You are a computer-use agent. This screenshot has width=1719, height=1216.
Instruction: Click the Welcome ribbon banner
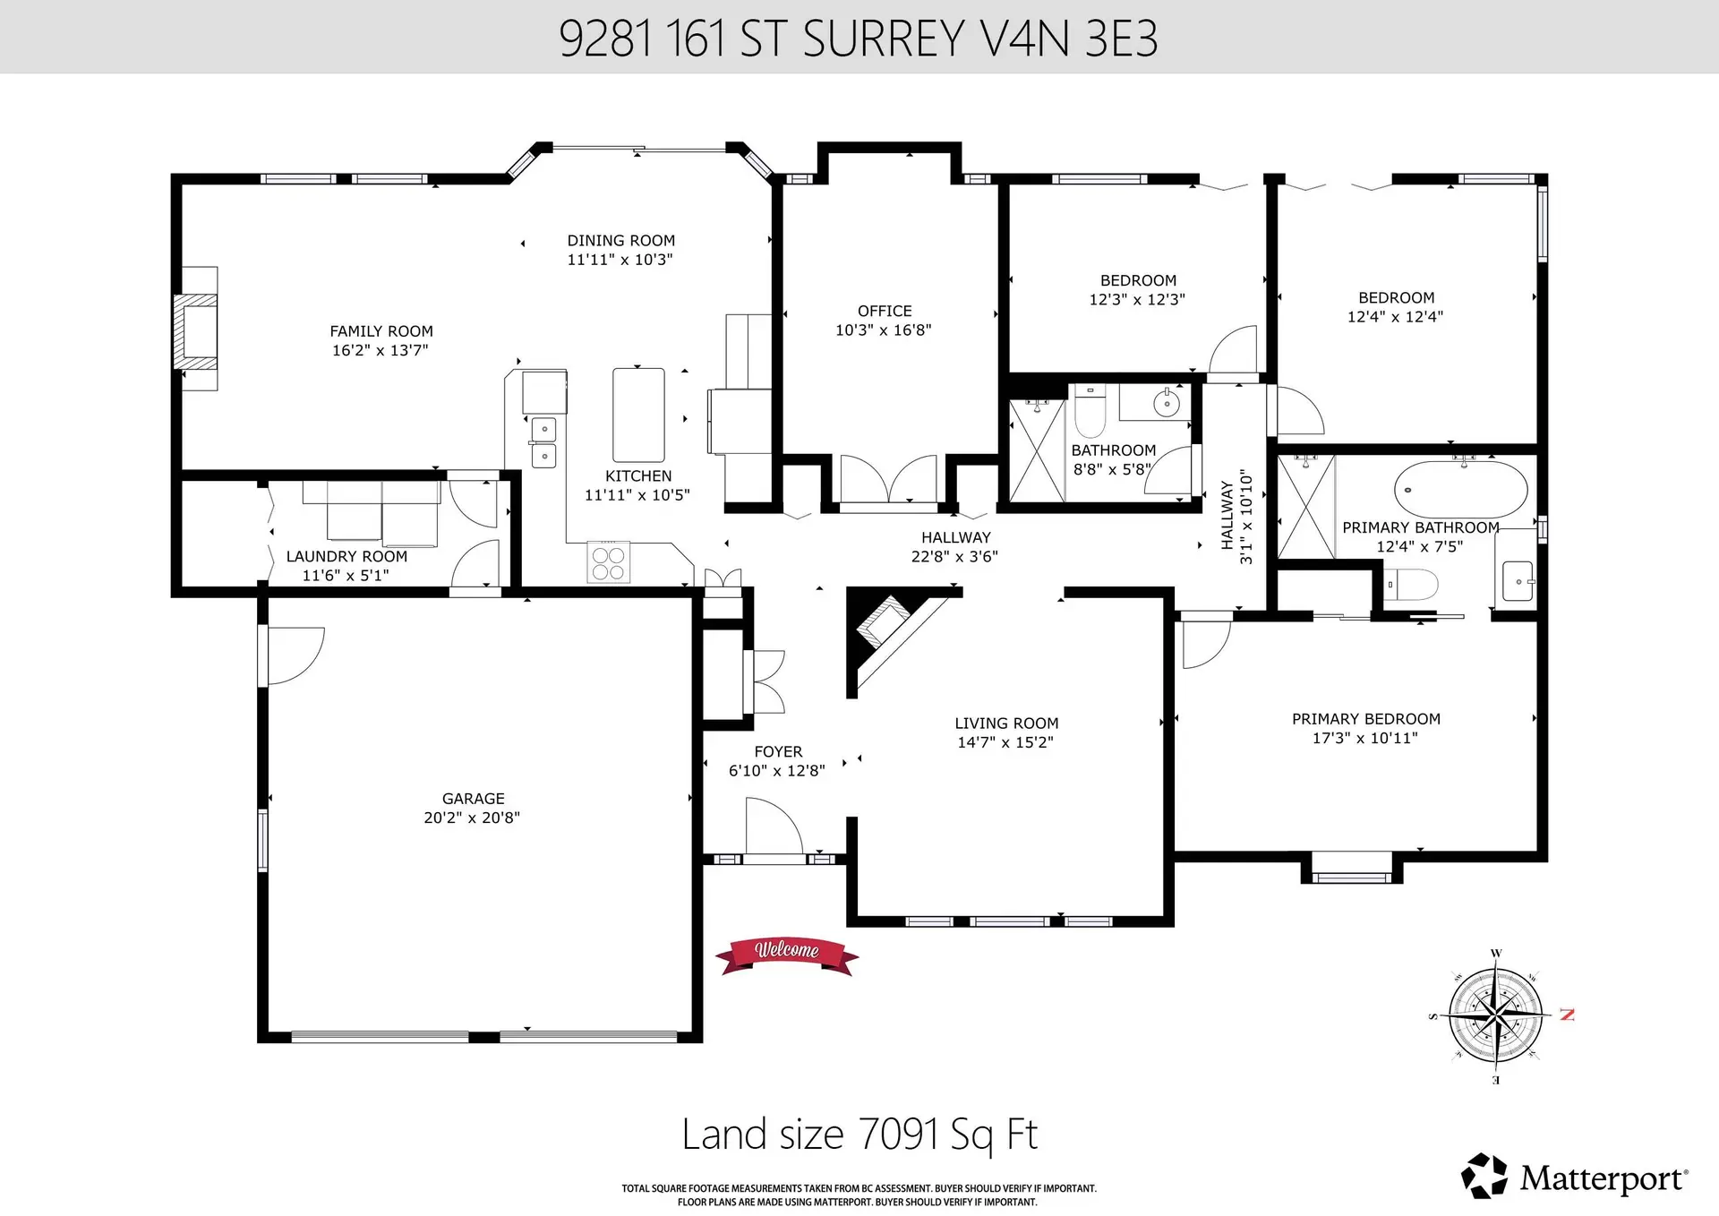[x=786, y=955]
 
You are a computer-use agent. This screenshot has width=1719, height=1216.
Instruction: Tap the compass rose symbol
[x=1496, y=1015]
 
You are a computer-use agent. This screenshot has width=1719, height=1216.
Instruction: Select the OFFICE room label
[x=885, y=311]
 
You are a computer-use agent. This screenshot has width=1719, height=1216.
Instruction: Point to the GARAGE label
[x=473, y=798]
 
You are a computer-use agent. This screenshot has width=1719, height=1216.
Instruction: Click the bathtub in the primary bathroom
[x=1460, y=490]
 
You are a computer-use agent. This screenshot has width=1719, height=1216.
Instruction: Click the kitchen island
[x=638, y=415]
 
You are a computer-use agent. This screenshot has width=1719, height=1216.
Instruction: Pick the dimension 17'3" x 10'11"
[x=1364, y=738]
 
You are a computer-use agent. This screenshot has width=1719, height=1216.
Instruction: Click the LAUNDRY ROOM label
[x=346, y=556]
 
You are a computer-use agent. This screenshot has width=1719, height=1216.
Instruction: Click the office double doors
[x=887, y=480]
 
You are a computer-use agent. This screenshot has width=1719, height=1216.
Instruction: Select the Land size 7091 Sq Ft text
[x=859, y=1134]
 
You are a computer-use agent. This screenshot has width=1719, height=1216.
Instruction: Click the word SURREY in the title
[x=884, y=39]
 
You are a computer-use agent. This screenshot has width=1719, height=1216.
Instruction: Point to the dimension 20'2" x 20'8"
[x=472, y=817]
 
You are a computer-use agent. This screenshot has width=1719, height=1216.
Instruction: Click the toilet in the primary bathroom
[x=1411, y=585]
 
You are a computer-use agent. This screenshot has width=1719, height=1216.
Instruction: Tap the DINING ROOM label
[x=620, y=240]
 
